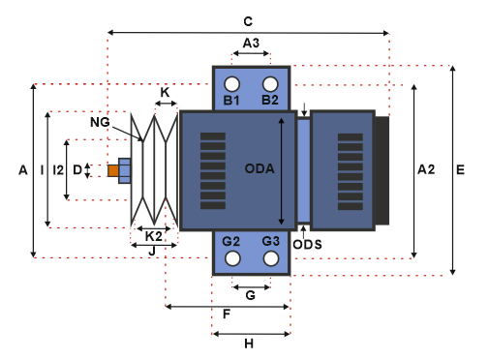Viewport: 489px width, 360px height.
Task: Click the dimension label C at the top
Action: click(248, 21)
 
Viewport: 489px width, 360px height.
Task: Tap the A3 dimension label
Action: click(251, 43)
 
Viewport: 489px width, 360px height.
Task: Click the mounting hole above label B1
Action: click(232, 84)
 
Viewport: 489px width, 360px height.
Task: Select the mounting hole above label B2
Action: click(270, 84)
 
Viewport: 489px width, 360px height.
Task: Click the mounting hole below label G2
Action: click(232, 258)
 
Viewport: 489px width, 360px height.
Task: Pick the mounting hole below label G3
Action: click(271, 258)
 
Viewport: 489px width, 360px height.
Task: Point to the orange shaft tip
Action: click(113, 170)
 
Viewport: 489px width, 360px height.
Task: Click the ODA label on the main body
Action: click(260, 168)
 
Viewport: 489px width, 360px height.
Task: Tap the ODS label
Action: click(307, 245)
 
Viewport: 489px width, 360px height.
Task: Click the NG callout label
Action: click(100, 122)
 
